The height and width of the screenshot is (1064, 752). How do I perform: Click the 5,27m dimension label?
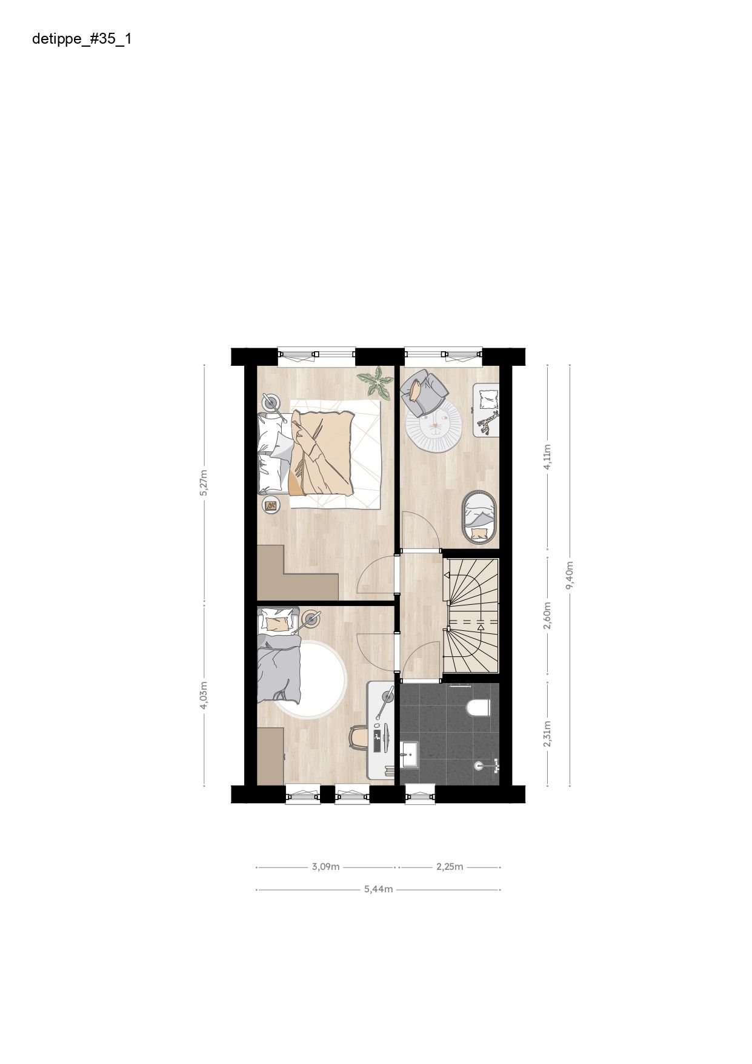pos(204,483)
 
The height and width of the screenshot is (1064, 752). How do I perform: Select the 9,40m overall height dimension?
pos(570,575)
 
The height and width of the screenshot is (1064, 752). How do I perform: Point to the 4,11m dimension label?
pos(547,457)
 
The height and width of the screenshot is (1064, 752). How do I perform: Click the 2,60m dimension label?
pos(547,615)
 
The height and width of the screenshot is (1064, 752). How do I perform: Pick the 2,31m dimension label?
pos(547,734)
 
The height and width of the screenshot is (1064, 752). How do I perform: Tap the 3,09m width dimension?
pos(325,866)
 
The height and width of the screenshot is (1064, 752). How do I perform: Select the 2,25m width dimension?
pos(450,866)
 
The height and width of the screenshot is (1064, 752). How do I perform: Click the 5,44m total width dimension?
pos(379,889)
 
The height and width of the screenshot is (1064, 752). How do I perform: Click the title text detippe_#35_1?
pos(82,40)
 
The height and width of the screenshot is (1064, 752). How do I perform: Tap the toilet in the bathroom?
pos(479,707)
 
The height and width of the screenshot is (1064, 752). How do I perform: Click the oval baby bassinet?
pos(479,516)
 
